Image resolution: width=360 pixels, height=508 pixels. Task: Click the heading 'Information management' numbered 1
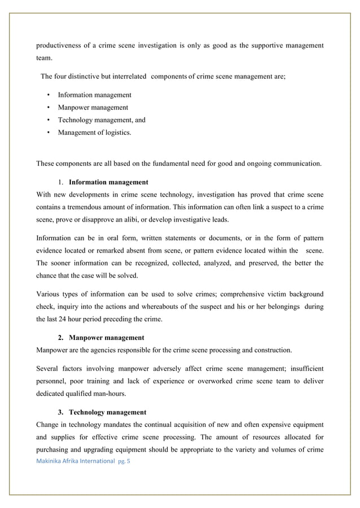(108, 183)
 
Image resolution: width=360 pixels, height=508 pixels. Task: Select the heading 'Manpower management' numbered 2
(106, 338)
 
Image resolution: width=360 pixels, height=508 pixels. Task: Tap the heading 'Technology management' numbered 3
(107, 412)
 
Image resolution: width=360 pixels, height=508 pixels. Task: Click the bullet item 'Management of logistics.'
(94, 132)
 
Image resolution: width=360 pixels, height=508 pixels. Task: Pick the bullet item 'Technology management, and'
(102, 120)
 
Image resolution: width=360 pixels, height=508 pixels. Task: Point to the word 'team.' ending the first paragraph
(45, 58)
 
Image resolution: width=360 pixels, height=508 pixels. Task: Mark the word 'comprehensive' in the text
(246, 294)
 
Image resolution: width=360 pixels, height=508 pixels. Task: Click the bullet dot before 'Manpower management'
(50, 108)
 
